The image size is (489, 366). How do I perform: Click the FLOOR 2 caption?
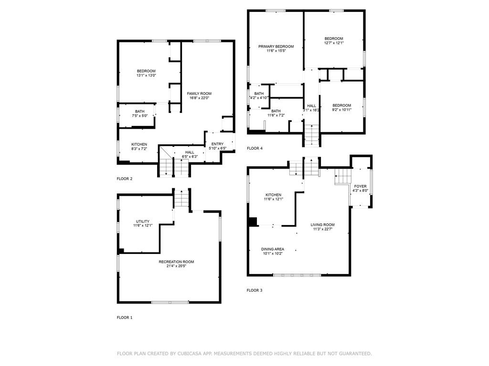click(x=125, y=179)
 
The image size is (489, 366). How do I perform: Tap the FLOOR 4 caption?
click(x=255, y=148)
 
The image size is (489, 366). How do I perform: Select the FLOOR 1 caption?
click(x=125, y=317)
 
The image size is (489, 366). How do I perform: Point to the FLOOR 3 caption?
click(x=255, y=290)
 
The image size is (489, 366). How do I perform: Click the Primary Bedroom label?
click(x=276, y=46)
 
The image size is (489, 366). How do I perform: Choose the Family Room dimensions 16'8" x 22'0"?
click(x=199, y=98)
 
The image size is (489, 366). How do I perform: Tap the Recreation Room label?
click(x=176, y=262)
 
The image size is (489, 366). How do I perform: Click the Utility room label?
click(x=142, y=221)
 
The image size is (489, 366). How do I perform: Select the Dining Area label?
click(x=273, y=249)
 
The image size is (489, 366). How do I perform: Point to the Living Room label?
click(x=322, y=225)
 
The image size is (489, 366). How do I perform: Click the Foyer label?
click(x=360, y=186)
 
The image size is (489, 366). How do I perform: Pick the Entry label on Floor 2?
click(x=217, y=144)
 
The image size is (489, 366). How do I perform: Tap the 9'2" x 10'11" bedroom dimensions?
click(x=341, y=110)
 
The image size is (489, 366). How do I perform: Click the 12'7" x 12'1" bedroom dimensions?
click(x=334, y=43)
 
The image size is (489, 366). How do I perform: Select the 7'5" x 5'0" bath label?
click(x=140, y=116)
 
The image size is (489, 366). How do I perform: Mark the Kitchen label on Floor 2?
click(x=139, y=144)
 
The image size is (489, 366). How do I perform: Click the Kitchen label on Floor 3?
click(x=274, y=195)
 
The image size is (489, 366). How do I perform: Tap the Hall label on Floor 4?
click(x=311, y=106)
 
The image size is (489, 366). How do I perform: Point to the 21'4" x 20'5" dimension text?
click(x=176, y=266)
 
